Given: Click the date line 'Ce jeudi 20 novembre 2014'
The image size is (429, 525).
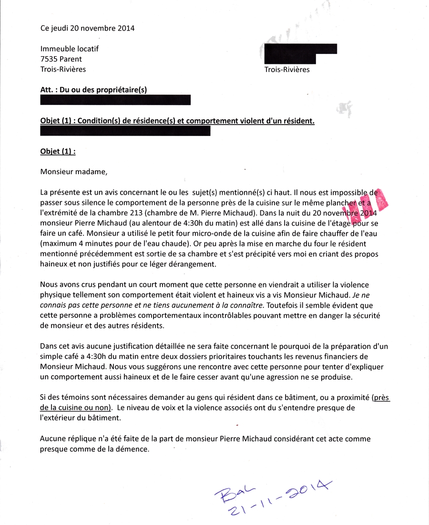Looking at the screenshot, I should click(x=88, y=28).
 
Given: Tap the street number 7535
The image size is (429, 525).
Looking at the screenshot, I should click(x=49, y=59).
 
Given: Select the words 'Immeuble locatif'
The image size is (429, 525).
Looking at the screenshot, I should click(x=70, y=49).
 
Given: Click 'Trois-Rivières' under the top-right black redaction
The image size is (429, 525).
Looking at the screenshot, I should click(x=287, y=70).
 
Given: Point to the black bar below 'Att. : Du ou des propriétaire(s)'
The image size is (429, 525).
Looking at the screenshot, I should click(x=115, y=100).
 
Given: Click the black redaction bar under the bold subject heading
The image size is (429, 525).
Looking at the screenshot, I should click(x=125, y=131).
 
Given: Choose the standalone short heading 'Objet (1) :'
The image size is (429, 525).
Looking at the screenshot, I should click(x=58, y=152).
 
